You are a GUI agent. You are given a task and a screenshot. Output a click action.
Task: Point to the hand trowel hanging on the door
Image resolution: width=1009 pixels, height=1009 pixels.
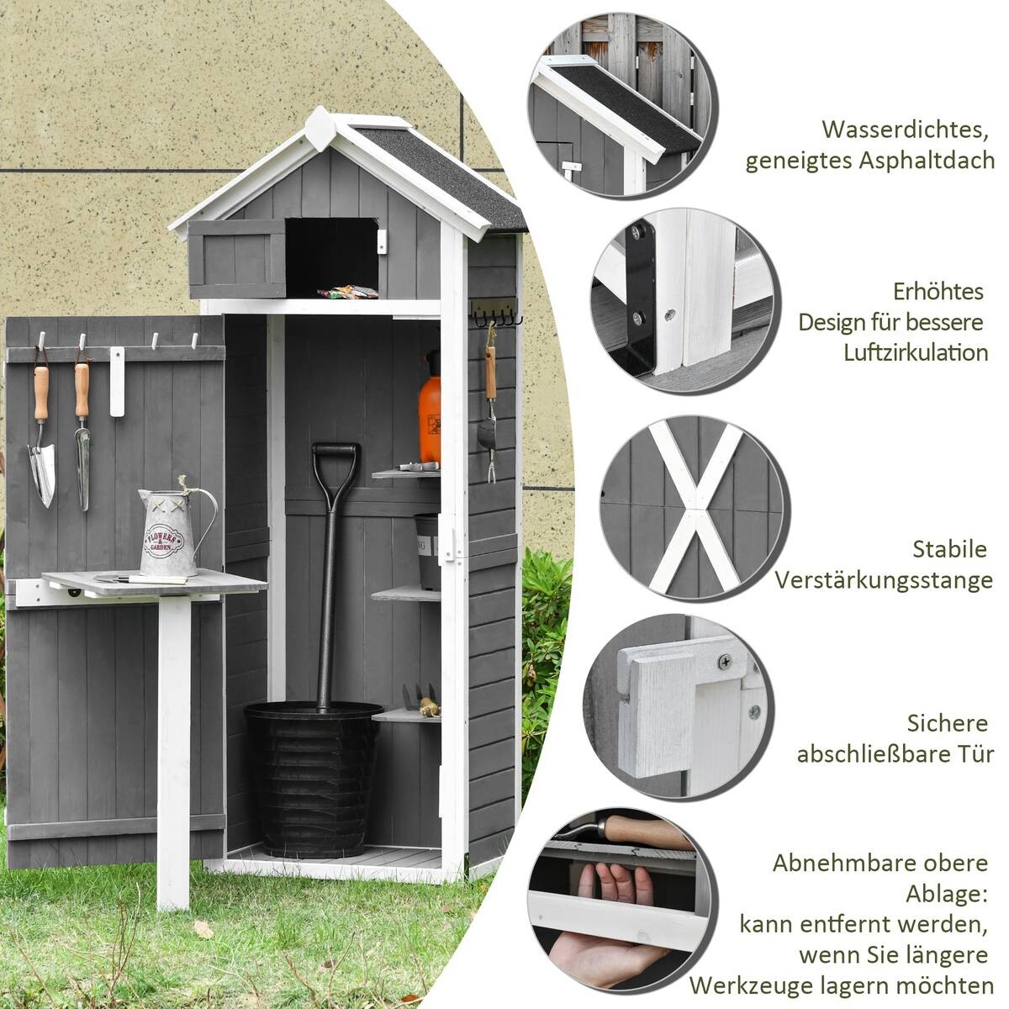point(41,437)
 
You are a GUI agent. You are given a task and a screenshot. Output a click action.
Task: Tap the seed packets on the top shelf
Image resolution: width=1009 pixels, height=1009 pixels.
point(347,292)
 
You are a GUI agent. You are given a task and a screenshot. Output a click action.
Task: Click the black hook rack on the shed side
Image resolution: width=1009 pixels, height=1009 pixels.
point(496,315)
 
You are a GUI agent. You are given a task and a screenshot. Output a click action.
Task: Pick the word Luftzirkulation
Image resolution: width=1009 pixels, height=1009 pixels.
point(916,352)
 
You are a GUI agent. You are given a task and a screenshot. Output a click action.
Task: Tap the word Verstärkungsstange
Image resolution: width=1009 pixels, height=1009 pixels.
point(884,580)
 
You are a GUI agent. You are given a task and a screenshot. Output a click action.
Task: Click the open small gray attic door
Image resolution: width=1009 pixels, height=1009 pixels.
point(237,258)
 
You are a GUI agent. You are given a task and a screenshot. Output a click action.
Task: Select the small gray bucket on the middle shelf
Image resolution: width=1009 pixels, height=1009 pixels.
point(428,551)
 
